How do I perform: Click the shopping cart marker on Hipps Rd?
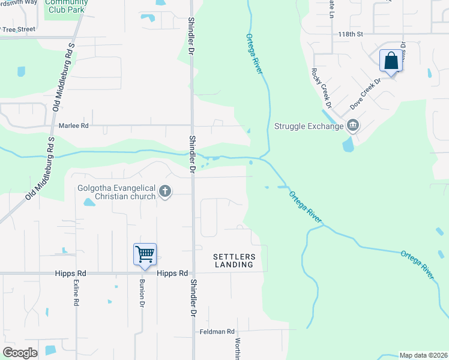(x=145, y=254)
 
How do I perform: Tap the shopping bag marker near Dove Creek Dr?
(x=391, y=61)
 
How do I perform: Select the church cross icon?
(x=165, y=192)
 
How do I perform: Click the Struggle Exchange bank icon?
(x=352, y=125)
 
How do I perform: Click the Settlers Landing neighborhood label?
(x=234, y=260)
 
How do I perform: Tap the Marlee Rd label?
(x=73, y=125)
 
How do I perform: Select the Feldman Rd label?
(x=217, y=331)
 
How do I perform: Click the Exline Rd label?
(x=76, y=293)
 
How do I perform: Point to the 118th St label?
(x=352, y=34)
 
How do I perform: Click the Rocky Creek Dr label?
(x=321, y=88)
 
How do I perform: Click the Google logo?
(x=20, y=353)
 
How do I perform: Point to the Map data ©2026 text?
(x=423, y=355)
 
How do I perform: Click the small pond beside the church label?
(x=89, y=202)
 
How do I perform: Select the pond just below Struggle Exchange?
(x=348, y=145)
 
